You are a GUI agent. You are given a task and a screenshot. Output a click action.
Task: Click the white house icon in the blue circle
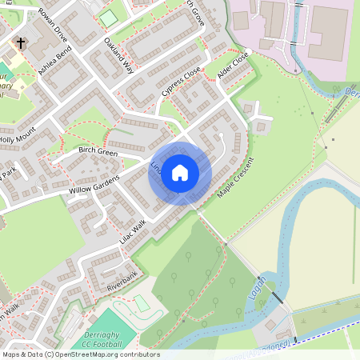(180, 171)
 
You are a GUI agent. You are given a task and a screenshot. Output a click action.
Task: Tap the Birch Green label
(98, 150)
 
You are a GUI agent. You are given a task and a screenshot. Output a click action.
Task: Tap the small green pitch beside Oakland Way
(107, 18)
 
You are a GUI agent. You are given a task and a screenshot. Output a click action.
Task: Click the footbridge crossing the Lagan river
(276, 297)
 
